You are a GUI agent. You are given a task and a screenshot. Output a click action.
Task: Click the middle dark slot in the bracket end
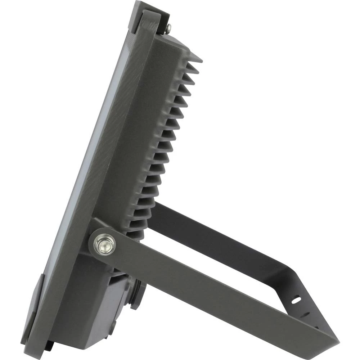coord(306,315)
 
